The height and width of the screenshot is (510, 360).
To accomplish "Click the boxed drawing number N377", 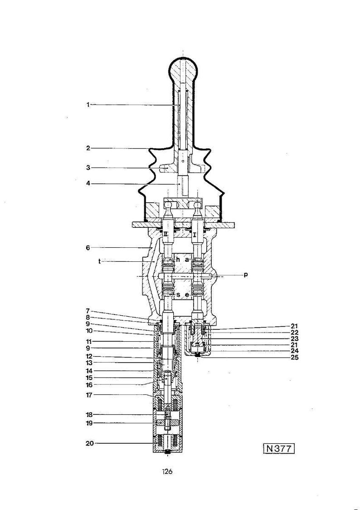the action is coord(279,449).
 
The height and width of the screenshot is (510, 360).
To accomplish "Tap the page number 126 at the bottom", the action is coord(168,471).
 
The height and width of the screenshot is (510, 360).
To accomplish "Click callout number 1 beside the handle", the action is coord(88,105).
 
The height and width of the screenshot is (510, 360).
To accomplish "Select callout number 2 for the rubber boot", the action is coord(88,148).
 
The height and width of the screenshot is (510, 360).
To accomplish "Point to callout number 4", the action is coord(88,183).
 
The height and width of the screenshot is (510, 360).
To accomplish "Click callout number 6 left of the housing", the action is coord(88,248).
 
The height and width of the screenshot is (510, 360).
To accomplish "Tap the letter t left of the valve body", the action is coord(99,261).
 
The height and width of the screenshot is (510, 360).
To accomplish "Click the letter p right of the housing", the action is coord(246,275).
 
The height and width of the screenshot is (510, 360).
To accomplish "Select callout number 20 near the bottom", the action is coord(89,443).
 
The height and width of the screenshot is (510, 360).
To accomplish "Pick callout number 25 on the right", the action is coord(295,358).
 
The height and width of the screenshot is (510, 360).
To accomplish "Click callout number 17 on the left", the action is coord(89,395).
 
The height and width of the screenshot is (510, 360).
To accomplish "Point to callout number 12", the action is coord(89,356).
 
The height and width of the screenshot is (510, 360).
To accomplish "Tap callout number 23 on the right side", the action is coord(295,338).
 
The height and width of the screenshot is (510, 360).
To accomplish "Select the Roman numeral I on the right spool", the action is coord(195,235).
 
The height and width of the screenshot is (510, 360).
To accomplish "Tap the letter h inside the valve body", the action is coord(178,260).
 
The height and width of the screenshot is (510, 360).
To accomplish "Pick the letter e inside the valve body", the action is coord(187,295).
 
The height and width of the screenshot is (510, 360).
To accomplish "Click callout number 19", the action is coord(89,423).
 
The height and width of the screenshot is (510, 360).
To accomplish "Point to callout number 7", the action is coord(88,311).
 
